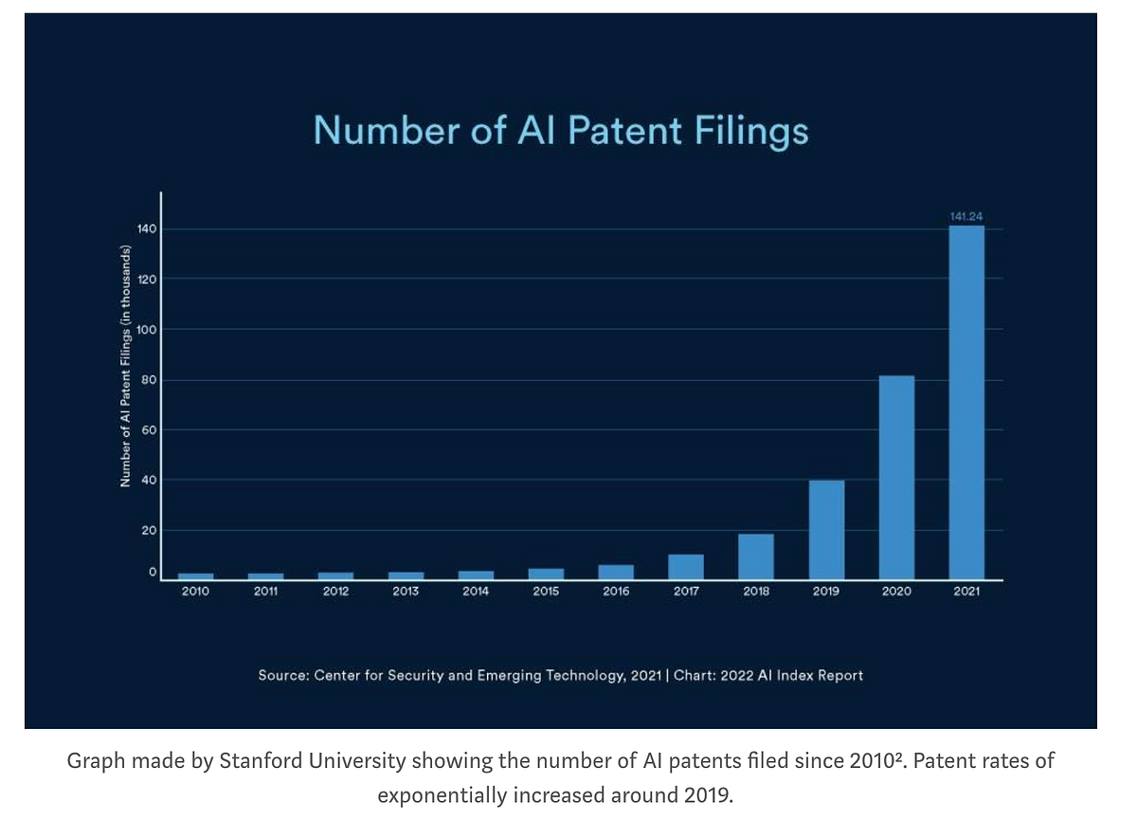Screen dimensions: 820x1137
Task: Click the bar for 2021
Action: point(966,402)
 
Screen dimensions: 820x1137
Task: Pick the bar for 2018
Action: point(756,556)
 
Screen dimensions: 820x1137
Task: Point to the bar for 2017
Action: point(686,567)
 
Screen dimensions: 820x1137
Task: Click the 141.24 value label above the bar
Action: point(966,217)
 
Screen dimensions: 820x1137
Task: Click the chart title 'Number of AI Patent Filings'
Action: point(561,130)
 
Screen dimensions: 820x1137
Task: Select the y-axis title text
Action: point(125,366)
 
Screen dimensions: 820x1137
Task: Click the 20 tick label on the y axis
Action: point(148,530)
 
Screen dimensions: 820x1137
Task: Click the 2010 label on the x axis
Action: point(195,592)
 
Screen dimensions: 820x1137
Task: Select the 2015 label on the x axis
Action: point(546,592)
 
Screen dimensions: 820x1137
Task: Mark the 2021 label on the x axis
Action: point(966,592)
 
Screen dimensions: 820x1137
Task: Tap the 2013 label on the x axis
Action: point(406,592)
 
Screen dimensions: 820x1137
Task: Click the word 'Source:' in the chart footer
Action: point(282,676)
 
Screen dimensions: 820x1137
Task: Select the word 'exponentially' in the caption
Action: point(439,794)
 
